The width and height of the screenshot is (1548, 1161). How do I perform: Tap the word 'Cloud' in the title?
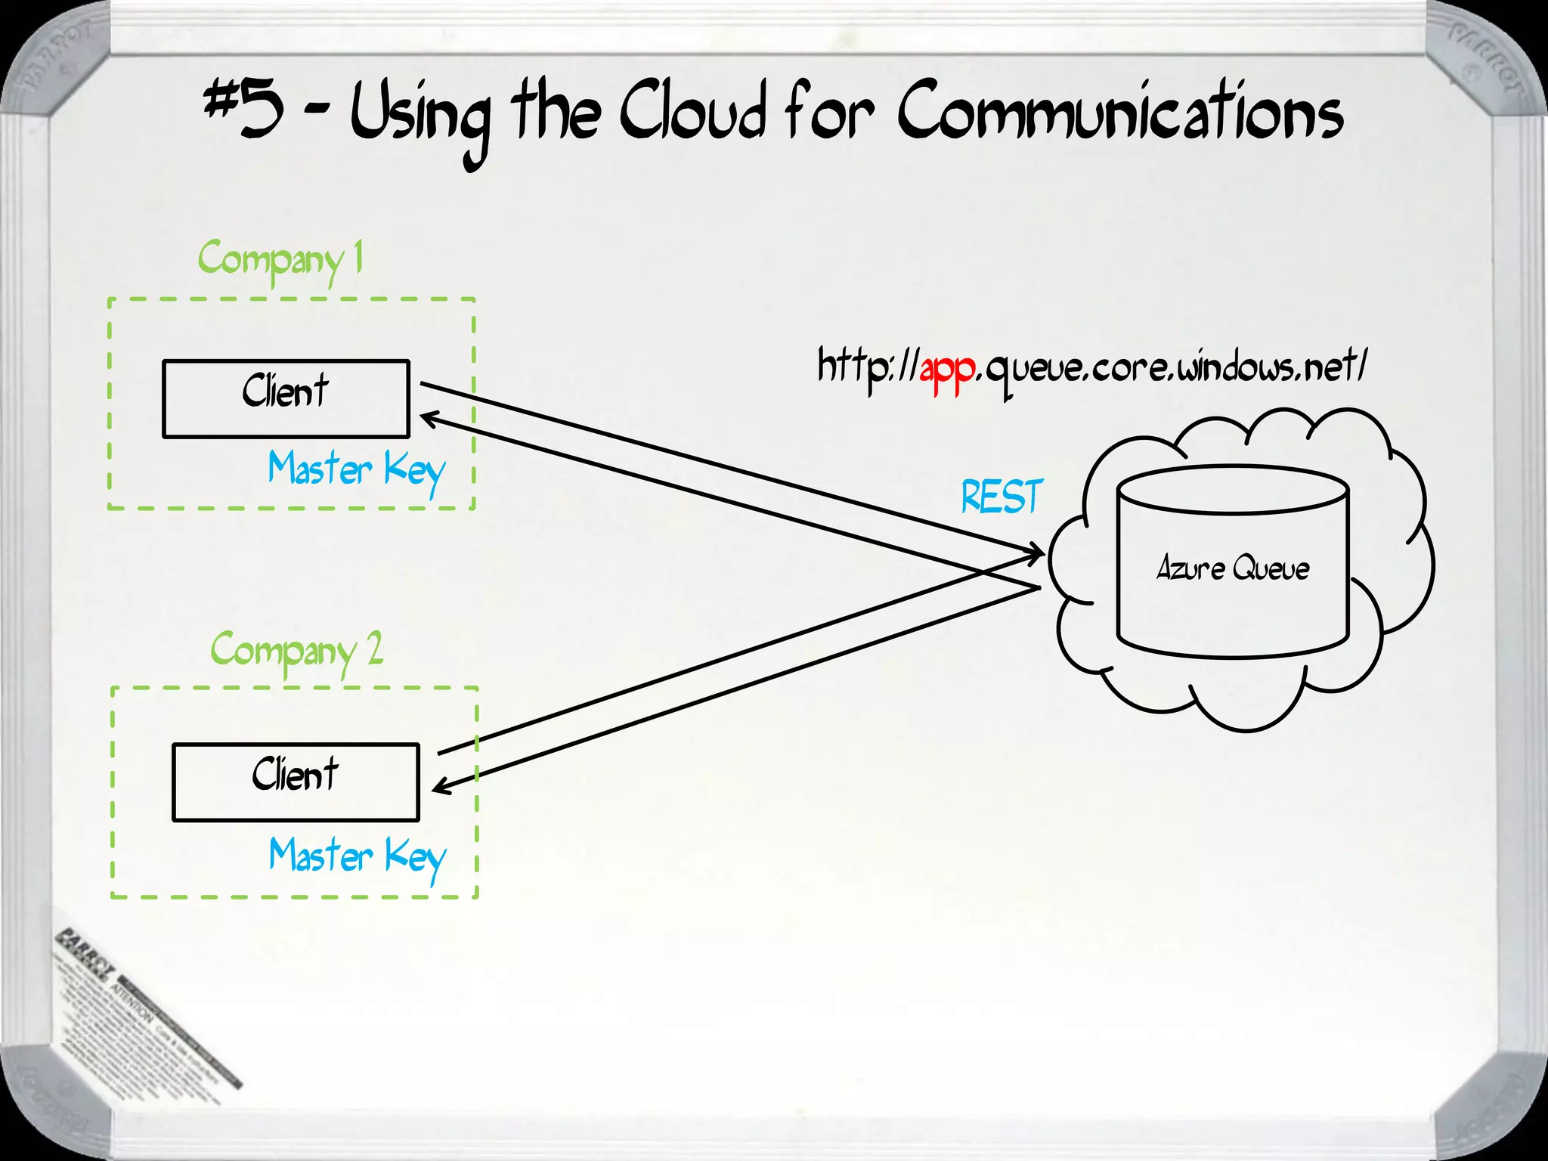pos(692,113)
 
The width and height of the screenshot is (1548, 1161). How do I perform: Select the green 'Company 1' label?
pos(280,259)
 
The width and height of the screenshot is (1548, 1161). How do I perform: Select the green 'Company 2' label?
pos(296,650)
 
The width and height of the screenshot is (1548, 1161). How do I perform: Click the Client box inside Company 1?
pos(286,398)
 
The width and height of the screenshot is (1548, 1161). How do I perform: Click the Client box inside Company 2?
pos(296,782)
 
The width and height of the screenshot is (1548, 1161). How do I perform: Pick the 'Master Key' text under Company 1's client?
pos(356,470)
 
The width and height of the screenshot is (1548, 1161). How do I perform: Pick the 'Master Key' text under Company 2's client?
pos(358,857)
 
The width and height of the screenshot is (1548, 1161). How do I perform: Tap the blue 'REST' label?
pos(1002,497)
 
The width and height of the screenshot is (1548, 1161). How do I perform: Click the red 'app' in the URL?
pos(948,370)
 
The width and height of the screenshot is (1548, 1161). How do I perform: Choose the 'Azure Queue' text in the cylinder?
pos(1233,568)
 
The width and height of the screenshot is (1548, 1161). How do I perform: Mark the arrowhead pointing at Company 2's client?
pos(439,787)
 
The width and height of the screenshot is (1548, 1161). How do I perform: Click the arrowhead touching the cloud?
pos(1037,553)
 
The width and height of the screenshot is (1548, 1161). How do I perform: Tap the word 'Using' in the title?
pos(420,117)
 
